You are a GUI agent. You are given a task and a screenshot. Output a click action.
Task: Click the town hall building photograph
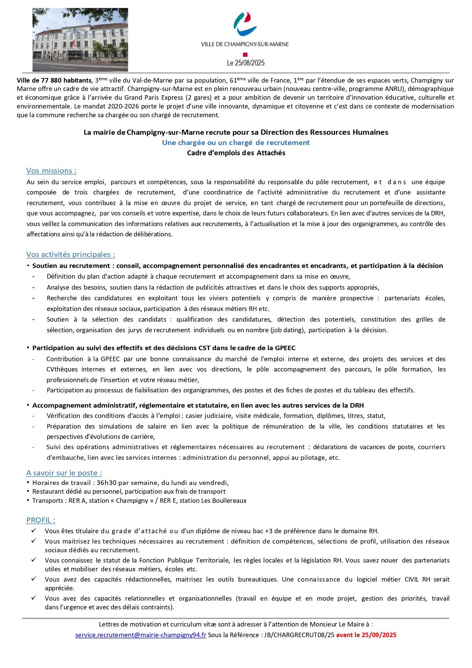(80, 40)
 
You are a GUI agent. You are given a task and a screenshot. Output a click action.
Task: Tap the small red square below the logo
(245, 55)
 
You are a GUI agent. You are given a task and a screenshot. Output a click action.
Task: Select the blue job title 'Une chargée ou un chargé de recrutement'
(236, 143)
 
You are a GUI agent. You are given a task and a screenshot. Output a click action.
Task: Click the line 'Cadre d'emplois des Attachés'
(236, 153)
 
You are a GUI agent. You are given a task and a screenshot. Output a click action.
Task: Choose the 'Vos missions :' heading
(51, 171)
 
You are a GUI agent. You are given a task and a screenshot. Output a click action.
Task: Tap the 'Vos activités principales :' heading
(71, 255)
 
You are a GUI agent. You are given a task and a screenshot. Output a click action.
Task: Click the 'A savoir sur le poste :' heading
(64, 473)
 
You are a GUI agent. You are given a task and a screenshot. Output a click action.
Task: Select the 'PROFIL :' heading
(41, 520)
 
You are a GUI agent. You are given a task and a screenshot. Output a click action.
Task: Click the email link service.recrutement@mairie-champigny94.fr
(141, 635)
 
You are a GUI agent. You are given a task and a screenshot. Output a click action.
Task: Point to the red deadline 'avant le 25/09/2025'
(366, 635)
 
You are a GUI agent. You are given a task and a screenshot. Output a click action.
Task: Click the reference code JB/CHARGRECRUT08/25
(299, 635)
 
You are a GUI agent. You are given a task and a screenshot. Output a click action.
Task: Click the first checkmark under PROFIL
(34, 530)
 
